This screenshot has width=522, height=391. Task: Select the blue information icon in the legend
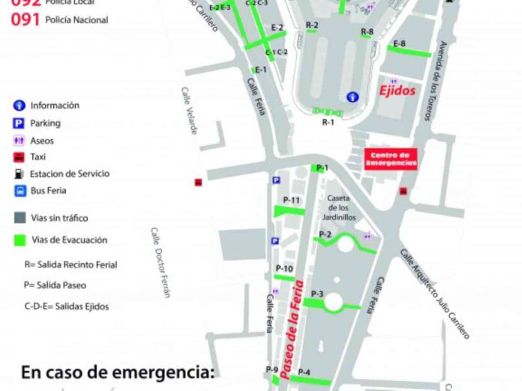(x=18, y=106)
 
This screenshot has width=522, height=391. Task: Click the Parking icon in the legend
(x=18, y=124)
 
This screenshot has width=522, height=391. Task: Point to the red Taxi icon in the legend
(x=18, y=157)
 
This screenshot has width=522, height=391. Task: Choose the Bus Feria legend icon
(x=18, y=191)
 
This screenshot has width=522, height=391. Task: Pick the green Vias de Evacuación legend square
(x=19, y=240)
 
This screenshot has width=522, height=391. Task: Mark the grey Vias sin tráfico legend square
(x=19, y=218)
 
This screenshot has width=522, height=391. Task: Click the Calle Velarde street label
(x=189, y=111)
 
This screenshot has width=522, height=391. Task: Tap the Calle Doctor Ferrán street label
(x=160, y=262)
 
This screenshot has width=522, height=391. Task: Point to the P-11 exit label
(x=292, y=200)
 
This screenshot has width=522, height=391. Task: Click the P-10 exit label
(x=284, y=268)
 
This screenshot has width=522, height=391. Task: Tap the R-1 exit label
(x=328, y=122)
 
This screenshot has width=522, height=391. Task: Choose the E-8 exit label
(x=400, y=43)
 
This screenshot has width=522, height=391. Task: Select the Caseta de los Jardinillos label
(x=340, y=207)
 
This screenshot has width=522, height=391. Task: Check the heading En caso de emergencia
(x=117, y=372)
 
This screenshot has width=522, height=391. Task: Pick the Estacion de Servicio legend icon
(x=18, y=174)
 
